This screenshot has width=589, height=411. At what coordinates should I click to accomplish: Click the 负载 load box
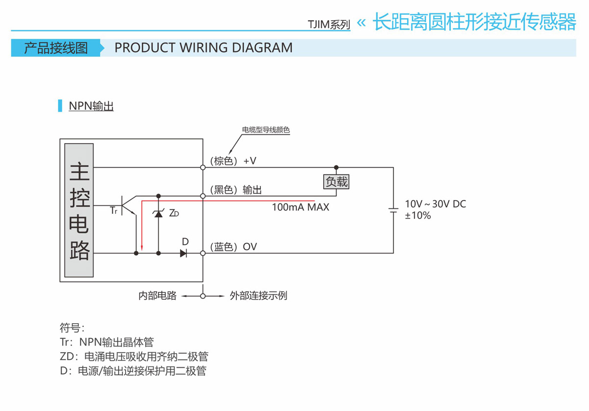point(336,182)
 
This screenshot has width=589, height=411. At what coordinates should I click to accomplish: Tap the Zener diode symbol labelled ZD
point(158,213)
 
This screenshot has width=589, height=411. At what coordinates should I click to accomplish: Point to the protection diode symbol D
point(183,253)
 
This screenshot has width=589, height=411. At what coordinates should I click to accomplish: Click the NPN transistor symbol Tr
point(128,205)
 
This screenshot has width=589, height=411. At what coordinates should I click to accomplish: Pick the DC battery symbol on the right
point(393,210)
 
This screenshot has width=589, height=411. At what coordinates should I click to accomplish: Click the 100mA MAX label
point(301,207)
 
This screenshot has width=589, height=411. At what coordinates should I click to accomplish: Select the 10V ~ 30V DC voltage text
point(435,204)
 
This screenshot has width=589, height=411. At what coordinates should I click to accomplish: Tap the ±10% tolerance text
point(417,216)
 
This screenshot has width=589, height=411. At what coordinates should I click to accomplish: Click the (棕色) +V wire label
point(233,161)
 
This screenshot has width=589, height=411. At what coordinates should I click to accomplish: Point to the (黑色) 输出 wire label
point(236,190)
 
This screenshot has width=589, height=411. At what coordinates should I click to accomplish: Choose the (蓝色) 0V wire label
point(233,247)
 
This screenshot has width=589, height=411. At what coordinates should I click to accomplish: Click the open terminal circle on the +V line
point(203,167)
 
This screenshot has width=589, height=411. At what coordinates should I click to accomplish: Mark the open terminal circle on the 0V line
point(203,253)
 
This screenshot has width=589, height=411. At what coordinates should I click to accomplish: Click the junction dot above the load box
point(336,167)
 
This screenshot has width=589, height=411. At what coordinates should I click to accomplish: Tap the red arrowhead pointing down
point(141,247)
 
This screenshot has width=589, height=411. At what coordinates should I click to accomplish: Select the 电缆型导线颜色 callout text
point(266,130)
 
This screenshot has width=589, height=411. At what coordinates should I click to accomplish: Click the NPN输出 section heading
point(91,106)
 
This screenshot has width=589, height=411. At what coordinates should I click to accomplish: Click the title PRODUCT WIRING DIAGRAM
point(204,48)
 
